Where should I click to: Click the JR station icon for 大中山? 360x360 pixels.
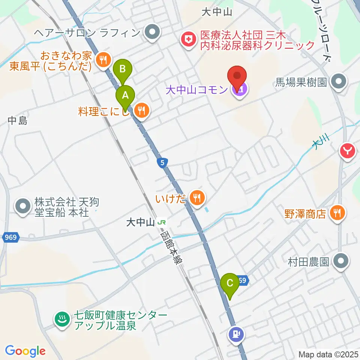pyautogui.click(x=162, y=222)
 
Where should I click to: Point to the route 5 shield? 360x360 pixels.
pyautogui.click(x=162, y=163)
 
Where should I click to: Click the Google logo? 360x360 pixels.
pyautogui.click(x=25, y=351)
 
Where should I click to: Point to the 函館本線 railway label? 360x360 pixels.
pyautogui.click(x=169, y=249)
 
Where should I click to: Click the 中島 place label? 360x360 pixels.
pyautogui.click(x=18, y=121)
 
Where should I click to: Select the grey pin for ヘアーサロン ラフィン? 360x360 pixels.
pyautogui.click(x=152, y=33)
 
